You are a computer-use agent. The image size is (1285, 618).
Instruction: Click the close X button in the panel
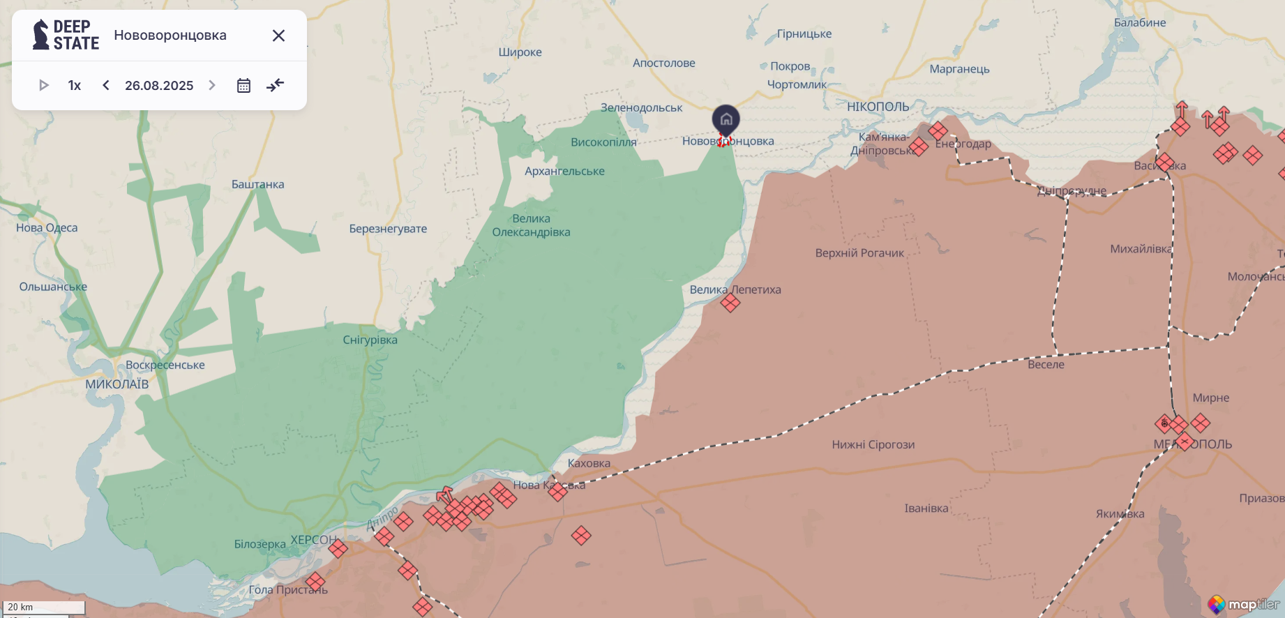click(278, 36)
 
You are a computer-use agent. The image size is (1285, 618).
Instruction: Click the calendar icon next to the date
click(243, 86)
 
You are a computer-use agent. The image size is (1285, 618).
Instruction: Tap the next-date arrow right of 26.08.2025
click(212, 85)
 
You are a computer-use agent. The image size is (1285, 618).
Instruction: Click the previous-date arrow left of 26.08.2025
click(106, 85)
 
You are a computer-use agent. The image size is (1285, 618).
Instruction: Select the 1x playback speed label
click(75, 85)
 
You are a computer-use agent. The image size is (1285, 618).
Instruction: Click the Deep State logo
click(66, 35)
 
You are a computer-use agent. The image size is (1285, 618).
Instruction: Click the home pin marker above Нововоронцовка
click(726, 120)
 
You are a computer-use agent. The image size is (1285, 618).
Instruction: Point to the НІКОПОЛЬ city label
click(878, 107)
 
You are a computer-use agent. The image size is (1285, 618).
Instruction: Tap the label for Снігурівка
click(370, 340)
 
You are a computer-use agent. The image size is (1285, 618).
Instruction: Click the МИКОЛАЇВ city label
click(117, 384)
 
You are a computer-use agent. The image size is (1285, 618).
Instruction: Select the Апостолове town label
click(663, 63)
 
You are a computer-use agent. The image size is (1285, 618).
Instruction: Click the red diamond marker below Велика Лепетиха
click(730, 303)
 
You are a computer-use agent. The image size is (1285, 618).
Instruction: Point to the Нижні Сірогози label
click(873, 444)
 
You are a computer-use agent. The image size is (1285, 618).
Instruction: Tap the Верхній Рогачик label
click(859, 253)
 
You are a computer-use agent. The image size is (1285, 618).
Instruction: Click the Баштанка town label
click(257, 184)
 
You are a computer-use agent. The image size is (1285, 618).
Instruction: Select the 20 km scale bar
click(44, 607)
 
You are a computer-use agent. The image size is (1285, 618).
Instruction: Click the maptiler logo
click(1245, 604)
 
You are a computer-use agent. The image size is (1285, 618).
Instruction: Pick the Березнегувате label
click(388, 228)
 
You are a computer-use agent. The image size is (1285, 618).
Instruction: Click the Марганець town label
click(959, 69)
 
